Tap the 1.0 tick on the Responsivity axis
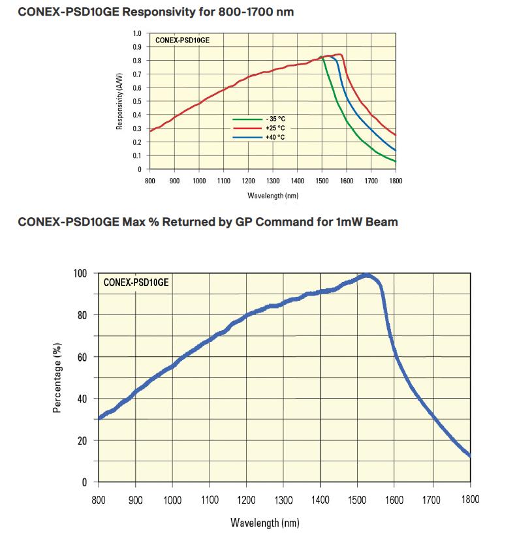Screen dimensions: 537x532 coord(137,33)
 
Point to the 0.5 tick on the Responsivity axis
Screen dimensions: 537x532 coord(137,101)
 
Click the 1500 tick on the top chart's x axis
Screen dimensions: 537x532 coord(322,180)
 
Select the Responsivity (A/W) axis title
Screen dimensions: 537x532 coord(120,101)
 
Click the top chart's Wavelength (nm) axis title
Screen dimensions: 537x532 coord(272,195)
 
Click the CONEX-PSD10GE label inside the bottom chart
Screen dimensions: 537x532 coord(136,283)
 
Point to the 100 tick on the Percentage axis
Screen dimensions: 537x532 coord(80,273)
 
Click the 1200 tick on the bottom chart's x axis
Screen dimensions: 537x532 coord(247,500)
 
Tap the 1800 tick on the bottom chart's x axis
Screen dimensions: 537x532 coord(470,500)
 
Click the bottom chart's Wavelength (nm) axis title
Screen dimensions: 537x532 coord(265,523)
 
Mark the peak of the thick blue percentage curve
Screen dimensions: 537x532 coord(366,275)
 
